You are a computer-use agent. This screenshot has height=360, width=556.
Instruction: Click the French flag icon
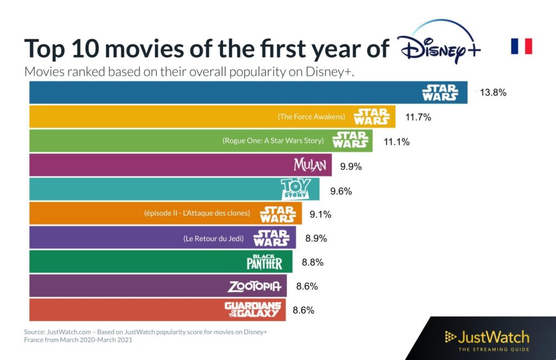521,46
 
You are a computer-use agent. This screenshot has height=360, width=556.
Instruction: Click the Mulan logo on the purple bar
309,165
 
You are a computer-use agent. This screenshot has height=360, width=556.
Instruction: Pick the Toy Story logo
295,189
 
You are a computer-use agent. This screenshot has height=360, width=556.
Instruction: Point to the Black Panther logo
264,262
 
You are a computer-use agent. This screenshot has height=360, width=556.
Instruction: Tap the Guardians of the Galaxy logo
254,310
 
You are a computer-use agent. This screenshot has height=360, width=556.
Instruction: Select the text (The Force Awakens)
311,117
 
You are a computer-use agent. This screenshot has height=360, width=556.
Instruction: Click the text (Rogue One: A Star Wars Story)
273,141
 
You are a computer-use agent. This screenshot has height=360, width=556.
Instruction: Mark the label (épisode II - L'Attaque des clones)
197,213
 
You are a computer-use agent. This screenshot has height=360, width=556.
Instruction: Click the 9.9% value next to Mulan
351,167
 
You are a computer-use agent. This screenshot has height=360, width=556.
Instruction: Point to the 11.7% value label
418,117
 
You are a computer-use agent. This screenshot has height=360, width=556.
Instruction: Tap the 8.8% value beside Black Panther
312,262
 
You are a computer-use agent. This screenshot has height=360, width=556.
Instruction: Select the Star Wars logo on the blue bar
440,92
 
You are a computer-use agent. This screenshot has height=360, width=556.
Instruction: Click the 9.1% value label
320,214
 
